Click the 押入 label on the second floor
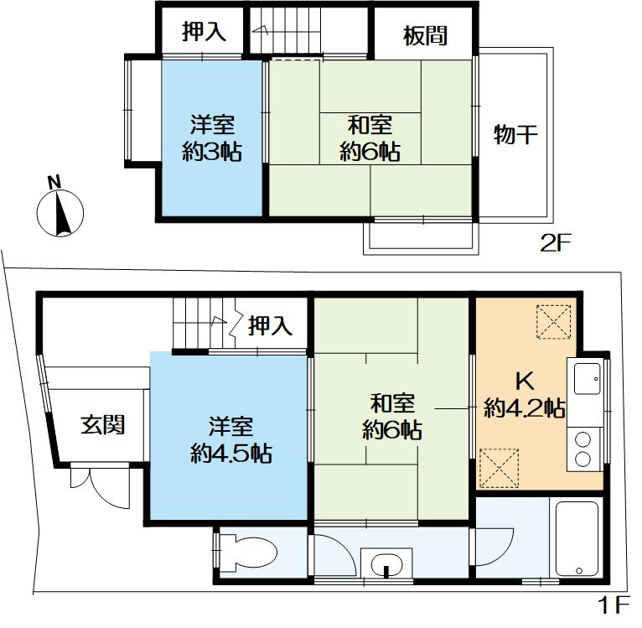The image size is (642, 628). coord(205,34)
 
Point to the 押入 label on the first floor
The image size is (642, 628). coord(271,325)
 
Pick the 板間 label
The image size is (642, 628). coord(425,35)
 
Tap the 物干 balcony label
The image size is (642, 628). coord(515,134)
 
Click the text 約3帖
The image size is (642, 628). coord(213,152)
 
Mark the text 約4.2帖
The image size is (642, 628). coord(524,408)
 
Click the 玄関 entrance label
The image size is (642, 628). coord(103,425)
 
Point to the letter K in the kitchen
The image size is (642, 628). coord(524,381)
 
